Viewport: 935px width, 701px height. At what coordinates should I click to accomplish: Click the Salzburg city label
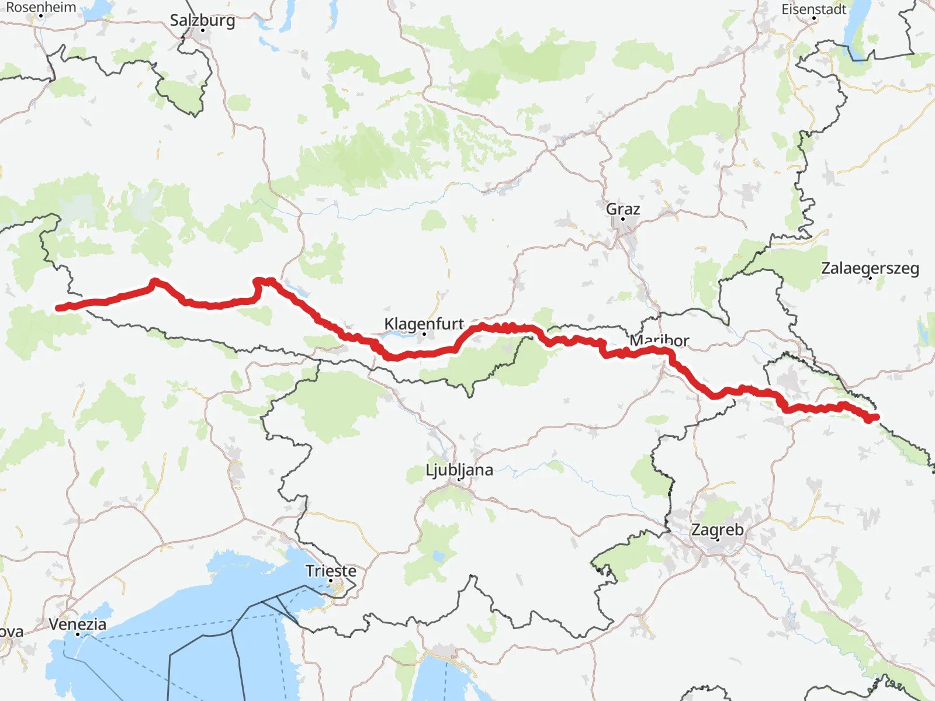(x=202, y=20)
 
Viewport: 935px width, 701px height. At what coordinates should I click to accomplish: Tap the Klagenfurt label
(x=424, y=323)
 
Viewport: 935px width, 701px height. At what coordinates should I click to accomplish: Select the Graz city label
(x=623, y=209)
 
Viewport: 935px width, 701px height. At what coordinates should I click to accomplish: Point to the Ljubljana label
(x=459, y=470)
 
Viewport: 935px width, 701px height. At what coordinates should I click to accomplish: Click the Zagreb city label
(x=718, y=530)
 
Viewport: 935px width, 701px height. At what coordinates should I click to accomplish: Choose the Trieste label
(x=331, y=571)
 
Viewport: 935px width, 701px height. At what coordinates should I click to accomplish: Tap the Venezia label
(x=78, y=624)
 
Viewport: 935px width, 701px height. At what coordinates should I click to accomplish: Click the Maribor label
(x=659, y=340)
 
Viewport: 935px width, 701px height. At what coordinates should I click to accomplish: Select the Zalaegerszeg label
(x=870, y=268)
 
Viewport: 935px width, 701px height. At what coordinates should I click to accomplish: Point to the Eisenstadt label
(x=814, y=9)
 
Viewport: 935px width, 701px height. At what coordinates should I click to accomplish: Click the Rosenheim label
(x=41, y=8)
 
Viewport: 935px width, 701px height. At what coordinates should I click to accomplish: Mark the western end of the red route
(x=58, y=308)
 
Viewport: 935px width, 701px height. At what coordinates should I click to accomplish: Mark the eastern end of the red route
(x=875, y=417)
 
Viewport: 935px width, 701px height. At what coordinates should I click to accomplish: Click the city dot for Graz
(x=623, y=219)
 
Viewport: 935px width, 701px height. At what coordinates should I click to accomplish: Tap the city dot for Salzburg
(x=202, y=30)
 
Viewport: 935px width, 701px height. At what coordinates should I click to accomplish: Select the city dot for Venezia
(x=78, y=634)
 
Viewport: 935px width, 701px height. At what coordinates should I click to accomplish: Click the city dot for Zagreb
(x=718, y=539)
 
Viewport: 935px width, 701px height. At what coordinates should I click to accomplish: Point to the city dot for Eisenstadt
(x=814, y=18)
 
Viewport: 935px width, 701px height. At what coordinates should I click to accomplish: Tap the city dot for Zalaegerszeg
(x=870, y=278)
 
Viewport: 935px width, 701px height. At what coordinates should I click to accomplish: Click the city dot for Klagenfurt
(x=424, y=334)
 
